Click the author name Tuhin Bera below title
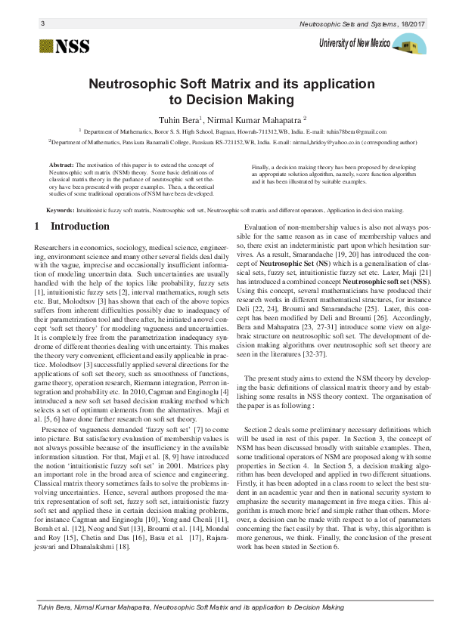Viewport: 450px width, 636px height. (177, 119)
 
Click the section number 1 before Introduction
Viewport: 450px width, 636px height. (38, 227)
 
